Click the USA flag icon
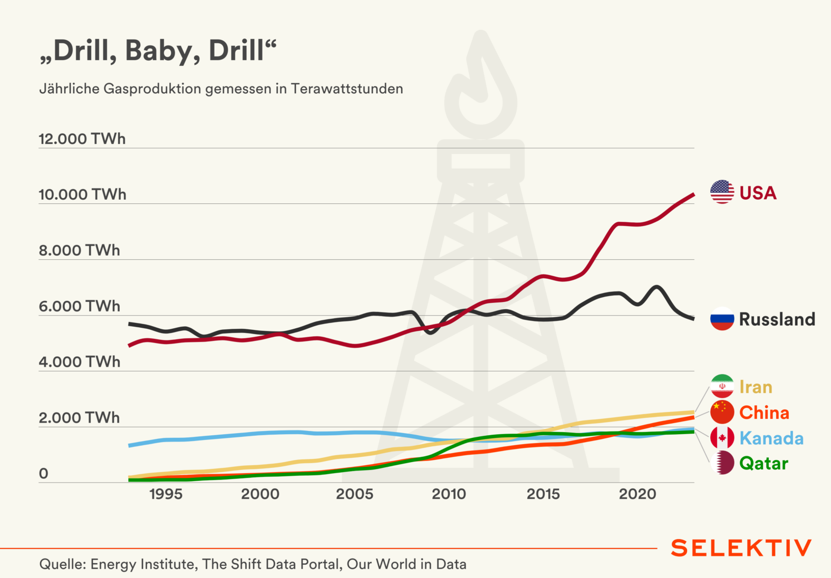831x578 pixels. [722, 192]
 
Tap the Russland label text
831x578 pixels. [777, 319]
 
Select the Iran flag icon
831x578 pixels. [722, 386]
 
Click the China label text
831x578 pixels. [764, 413]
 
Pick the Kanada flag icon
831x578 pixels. [722, 437]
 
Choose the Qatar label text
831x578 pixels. [764, 464]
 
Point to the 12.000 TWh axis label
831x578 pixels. [82, 139]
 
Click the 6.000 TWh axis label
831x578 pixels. [80, 306]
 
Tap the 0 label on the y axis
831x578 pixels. [44, 474]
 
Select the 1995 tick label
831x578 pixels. [166, 494]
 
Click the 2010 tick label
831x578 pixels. [449, 494]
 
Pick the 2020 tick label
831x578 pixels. [637, 494]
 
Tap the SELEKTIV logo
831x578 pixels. [741, 548]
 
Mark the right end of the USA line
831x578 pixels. [693, 194]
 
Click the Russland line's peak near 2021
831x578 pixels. [656, 287]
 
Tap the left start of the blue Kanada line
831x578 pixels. [130, 445]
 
